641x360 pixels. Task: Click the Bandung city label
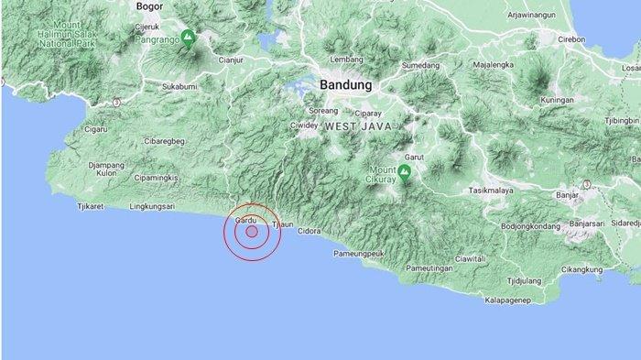(x=346, y=84)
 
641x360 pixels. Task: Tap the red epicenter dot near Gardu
(x=251, y=232)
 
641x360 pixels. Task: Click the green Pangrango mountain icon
(x=188, y=38)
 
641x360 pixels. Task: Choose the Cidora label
(x=310, y=231)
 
